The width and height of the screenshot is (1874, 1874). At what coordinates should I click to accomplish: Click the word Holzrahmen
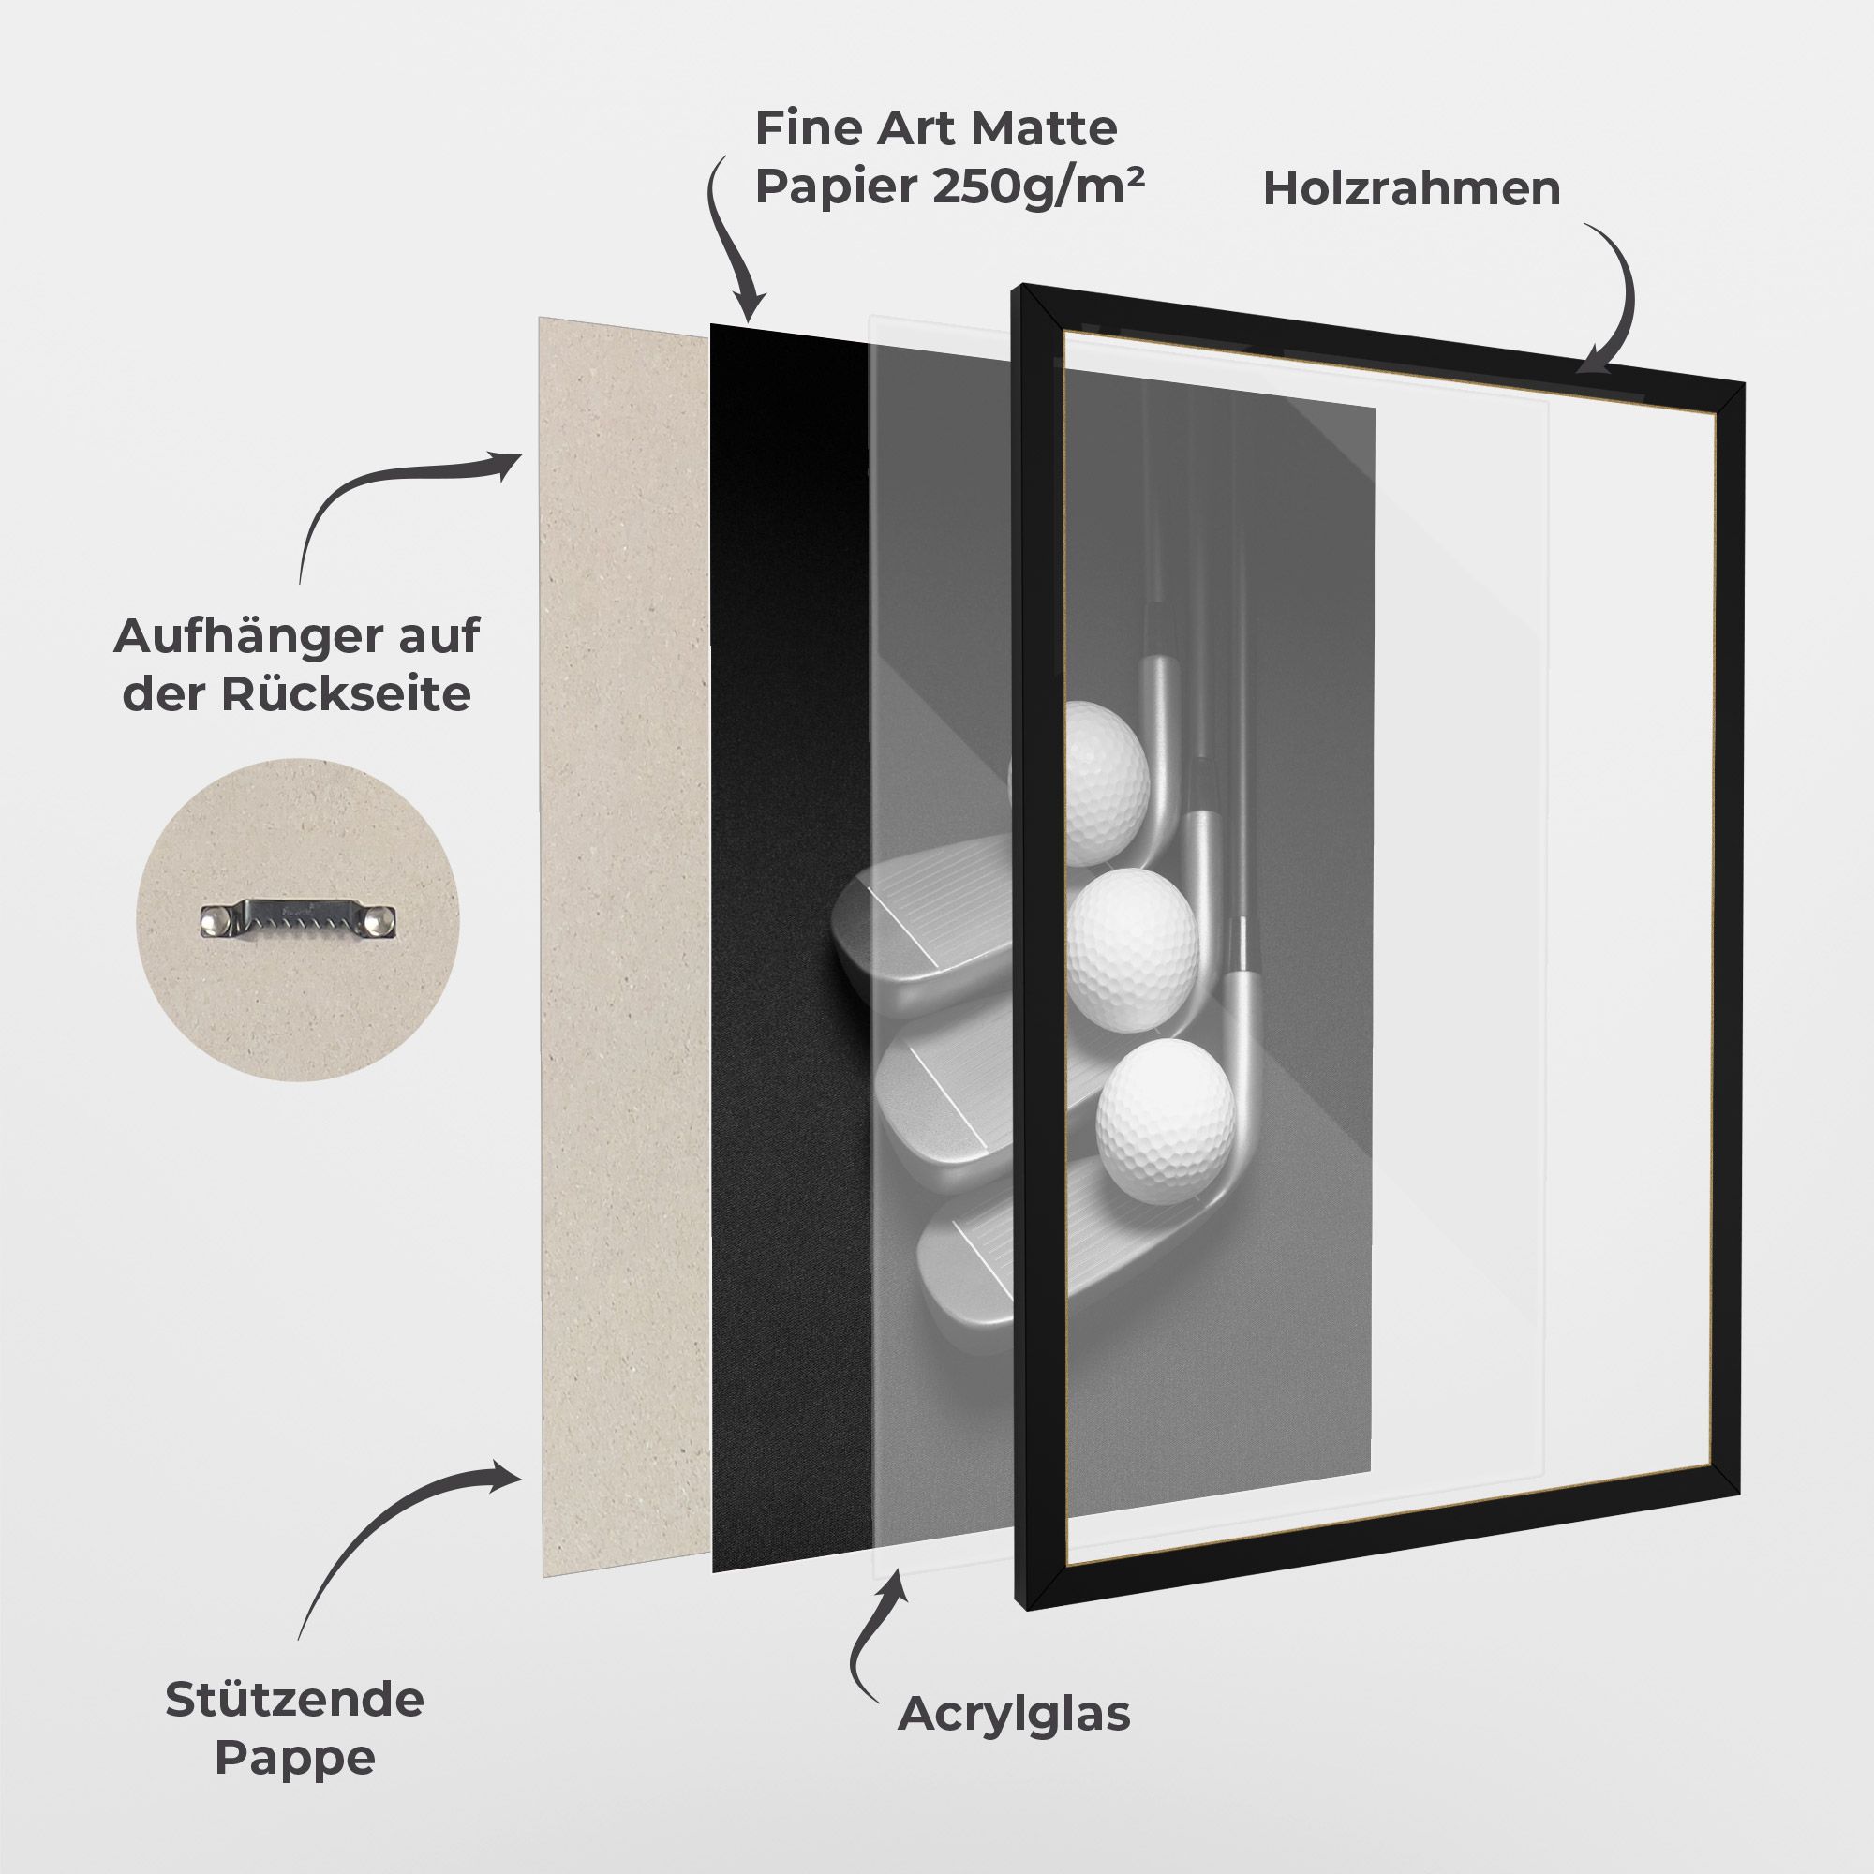(1411, 189)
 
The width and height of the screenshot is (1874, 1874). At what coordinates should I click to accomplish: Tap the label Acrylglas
(1014, 1714)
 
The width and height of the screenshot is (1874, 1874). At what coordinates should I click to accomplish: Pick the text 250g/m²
(1038, 186)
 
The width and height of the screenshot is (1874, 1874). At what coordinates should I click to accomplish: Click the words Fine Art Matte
(936, 128)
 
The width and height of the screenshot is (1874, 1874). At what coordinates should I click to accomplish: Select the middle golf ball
(1132, 937)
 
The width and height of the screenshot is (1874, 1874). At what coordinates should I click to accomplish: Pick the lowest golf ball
(1166, 1108)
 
